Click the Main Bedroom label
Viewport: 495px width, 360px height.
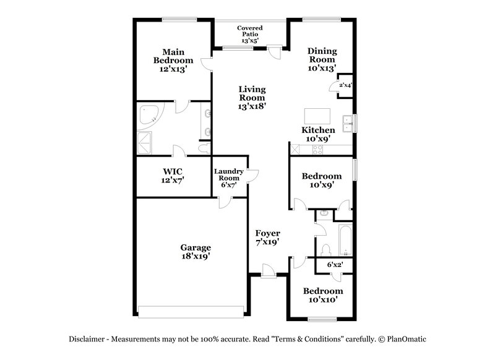[x=173, y=61]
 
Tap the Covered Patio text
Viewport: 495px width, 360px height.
[x=250, y=34]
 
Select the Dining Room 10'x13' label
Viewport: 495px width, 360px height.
[x=322, y=61]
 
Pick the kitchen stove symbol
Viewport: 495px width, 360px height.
[x=317, y=148]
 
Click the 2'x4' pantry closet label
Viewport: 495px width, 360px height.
[x=345, y=85]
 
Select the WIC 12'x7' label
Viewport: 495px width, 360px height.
[x=173, y=175]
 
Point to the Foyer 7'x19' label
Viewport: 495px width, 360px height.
[x=268, y=238]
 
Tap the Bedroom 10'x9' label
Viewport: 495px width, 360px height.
[x=321, y=181]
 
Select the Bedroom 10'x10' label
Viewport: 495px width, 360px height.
[x=322, y=295]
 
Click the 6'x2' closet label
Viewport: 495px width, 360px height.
[x=335, y=265]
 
